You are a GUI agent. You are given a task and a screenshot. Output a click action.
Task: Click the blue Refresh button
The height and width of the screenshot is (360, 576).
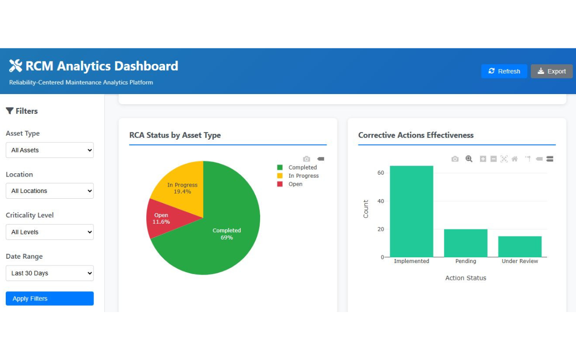504,71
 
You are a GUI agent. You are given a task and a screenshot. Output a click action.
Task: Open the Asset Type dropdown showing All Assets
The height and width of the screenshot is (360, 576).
49,150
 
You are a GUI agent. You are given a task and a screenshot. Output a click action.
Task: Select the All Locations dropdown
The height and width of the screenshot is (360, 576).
49,191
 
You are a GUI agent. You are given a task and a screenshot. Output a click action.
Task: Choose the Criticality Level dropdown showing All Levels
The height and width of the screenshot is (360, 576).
49,232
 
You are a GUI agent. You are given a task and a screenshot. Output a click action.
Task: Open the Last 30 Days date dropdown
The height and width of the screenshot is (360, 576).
49,273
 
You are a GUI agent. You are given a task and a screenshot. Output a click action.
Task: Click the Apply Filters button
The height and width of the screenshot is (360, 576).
49,299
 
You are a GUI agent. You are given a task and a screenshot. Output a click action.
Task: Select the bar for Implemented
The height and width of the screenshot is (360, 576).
411,211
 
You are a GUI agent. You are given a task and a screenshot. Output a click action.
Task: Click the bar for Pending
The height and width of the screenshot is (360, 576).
466,243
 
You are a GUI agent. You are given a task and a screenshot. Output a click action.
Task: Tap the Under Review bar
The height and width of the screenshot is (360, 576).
520,247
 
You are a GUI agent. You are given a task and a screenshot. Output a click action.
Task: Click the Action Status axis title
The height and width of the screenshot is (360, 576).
466,278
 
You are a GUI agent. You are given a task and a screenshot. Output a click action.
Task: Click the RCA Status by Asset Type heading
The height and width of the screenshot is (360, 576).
175,135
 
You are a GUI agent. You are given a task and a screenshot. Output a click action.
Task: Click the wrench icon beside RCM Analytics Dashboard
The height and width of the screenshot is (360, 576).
15,66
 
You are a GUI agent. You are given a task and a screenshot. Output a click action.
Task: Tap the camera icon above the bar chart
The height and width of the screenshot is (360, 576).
455,159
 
